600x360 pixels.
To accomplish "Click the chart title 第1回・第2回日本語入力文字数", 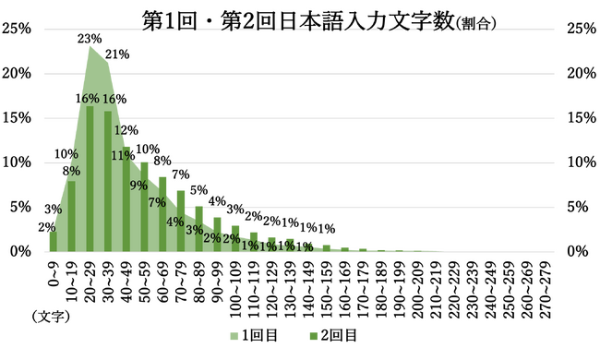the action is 298,21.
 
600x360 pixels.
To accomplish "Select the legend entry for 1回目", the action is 254,335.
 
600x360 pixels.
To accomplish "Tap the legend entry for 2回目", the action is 333,335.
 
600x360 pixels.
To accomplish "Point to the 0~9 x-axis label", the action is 54,274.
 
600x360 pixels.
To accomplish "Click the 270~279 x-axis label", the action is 546,290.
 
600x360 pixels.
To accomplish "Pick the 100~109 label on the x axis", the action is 235,290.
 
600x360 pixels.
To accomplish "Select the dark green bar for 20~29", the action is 90,179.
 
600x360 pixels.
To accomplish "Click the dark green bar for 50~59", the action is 144,207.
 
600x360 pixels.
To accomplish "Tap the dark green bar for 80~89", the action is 199,229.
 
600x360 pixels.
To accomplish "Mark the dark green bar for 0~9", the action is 54,242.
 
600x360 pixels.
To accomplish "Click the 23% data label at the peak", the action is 90,39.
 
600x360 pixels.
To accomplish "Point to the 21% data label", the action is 117,54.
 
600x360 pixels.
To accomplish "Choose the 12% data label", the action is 126,130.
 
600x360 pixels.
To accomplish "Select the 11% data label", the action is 123,155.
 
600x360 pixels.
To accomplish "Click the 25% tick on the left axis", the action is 16,29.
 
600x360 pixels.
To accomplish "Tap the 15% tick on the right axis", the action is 582,118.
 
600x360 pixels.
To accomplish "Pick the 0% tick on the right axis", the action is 578,251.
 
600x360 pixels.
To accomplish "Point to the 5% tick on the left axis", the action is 20,207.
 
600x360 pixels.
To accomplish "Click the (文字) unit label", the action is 51,318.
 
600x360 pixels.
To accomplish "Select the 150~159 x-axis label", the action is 327,290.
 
